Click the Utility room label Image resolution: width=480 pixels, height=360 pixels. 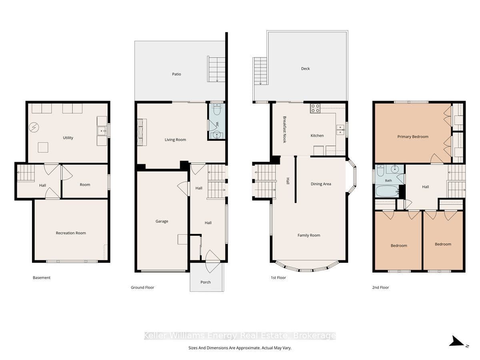click(x=68, y=138)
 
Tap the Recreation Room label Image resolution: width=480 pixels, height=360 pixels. click(x=71, y=233)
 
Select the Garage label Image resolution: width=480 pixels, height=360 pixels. click(x=162, y=221)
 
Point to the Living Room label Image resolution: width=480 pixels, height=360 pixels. click(x=175, y=140)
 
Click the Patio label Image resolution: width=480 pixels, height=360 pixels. click(x=176, y=74)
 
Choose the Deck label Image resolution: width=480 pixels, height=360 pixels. click(x=305, y=69)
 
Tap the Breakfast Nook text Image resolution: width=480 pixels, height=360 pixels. click(x=284, y=129)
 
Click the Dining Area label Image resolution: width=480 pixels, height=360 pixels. click(x=321, y=184)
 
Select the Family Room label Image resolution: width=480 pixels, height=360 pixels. click(x=309, y=236)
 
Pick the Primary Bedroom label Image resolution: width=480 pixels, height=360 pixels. click(x=413, y=137)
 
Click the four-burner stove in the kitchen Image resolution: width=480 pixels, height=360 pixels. click(x=315, y=108)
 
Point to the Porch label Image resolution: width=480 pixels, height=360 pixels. click(x=206, y=282)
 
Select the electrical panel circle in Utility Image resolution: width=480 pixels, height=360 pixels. click(x=34, y=127)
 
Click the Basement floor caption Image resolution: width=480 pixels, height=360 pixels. click(x=42, y=278)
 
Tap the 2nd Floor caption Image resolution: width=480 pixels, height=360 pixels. click(x=380, y=288)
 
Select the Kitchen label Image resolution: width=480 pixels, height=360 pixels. click(x=317, y=136)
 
